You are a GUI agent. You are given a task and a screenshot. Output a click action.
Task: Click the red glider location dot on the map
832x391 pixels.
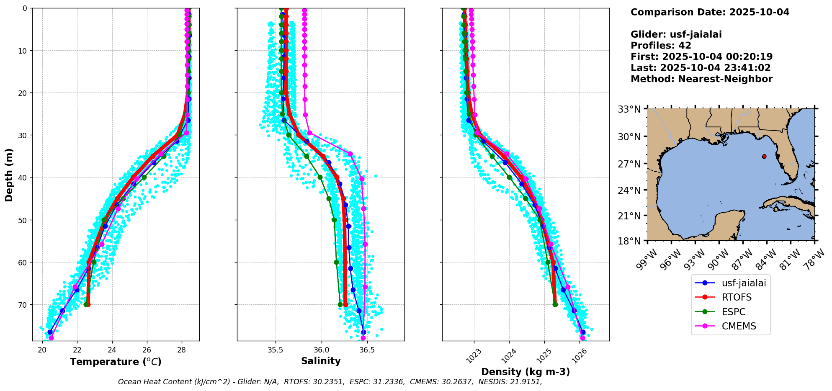click(x=764, y=157)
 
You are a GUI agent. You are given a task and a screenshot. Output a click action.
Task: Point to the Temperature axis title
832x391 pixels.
click(x=116, y=362)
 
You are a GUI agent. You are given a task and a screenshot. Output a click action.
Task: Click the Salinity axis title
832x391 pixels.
click(x=321, y=361)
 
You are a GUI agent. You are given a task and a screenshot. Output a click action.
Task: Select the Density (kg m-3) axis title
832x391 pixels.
click(x=525, y=372)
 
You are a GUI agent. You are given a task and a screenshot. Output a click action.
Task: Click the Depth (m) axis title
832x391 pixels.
click(x=9, y=175)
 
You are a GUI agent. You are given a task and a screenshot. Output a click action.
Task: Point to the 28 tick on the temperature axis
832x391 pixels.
click(x=182, y=350)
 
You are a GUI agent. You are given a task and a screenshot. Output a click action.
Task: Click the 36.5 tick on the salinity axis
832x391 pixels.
click(x=367, y=350)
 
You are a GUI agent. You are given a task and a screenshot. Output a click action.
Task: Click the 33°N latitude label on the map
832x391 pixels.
click(x=629, y=109)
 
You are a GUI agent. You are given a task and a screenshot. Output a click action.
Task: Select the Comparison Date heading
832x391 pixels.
click(x=710, y=12)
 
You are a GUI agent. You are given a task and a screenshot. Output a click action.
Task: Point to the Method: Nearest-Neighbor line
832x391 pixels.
click(x=701, y=79)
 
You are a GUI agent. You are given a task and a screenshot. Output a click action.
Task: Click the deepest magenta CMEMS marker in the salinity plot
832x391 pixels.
click(x=363, y=338)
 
